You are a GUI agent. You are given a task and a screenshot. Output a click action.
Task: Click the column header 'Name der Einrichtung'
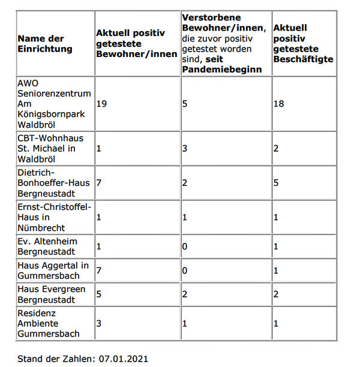tap(44, 44)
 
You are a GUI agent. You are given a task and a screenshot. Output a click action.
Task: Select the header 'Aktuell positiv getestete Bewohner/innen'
tap(137, 43)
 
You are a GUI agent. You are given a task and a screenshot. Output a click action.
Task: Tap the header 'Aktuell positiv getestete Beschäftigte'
tap(303, 43)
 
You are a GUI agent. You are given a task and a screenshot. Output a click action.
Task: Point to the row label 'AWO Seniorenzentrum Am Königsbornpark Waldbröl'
tap(54, 103)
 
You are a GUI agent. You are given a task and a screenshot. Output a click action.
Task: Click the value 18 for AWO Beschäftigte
tap(278, 104)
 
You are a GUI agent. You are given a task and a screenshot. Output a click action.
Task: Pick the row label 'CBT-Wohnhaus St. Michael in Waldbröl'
tap(51, 148)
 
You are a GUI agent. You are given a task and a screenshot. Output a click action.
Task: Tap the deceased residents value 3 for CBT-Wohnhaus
tap(185, 148)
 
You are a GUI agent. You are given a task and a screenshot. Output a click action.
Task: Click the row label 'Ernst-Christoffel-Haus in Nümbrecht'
tap(54, 217)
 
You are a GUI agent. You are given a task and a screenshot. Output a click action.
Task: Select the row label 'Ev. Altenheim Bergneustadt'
tap(48, 246)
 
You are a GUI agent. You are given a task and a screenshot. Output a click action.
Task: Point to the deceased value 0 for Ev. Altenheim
tap(185, 246)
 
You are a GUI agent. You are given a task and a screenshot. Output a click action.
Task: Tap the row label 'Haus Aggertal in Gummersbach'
tap(53, 270)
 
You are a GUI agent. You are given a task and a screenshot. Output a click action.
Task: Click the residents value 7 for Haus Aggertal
tap(99, 270)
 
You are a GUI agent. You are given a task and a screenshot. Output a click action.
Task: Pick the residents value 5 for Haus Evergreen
tap(99, 294)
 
